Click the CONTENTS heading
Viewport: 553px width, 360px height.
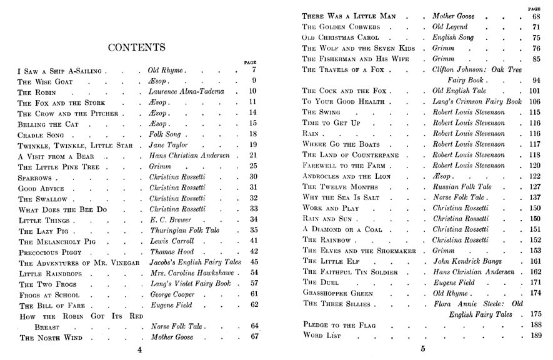[136, 47]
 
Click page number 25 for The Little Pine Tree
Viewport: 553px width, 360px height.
[253, 166]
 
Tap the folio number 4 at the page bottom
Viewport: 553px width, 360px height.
[139, 350]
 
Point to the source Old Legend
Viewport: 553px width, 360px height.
[450, 27]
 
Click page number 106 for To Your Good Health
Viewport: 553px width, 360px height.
[534, 101]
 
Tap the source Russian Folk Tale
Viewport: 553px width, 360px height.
[462, 187]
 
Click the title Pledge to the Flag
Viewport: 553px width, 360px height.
[338, 325]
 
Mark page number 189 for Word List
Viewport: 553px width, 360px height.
[535, 336]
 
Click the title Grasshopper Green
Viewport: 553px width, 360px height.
[340, 292]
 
